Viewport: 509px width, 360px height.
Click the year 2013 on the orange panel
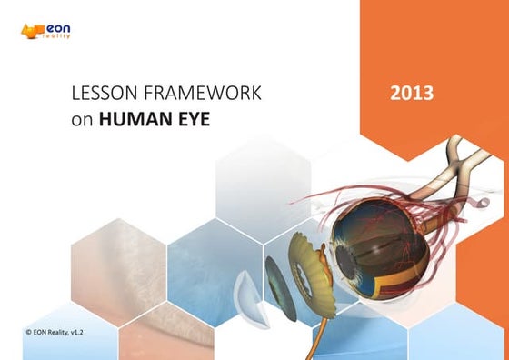pos(412,93)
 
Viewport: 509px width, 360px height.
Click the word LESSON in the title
pos(97,93)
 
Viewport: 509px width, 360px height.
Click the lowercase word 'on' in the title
pos(82,119)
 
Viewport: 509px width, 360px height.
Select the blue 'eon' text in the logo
pos(57,30)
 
